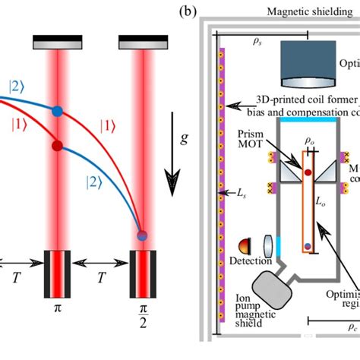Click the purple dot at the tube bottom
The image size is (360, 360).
coord(307,246)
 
